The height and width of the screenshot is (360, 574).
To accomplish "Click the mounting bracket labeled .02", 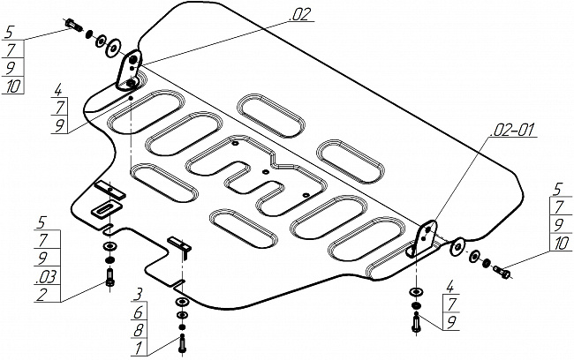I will (x=131, y=69).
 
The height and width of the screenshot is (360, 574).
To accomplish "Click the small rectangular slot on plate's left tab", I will (x=103, y=208).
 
